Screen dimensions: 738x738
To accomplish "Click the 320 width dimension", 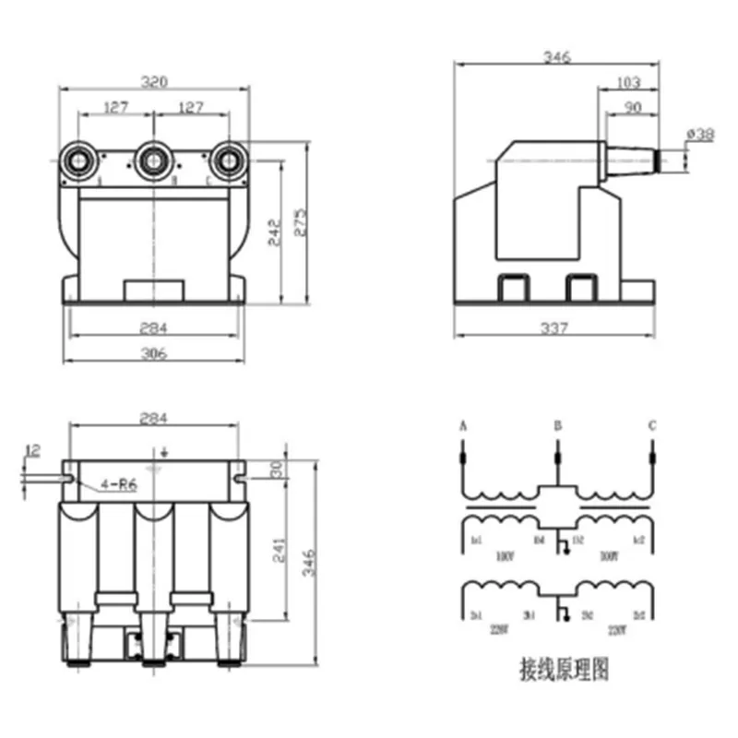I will click(x=153, y=81).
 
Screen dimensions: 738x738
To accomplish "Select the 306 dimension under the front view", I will click(x=153, y=354).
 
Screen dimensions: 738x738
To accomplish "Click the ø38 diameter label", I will click(x=700, y=135).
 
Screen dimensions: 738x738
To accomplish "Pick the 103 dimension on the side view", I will click(x=627, y=84).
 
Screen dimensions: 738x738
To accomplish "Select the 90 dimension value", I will click(x=632, y=108).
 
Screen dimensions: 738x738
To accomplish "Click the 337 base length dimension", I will click(x=555, y=327).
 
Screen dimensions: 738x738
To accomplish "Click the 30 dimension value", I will click(x=274, y=468).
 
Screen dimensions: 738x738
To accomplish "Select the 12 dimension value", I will click(x=33, y=450).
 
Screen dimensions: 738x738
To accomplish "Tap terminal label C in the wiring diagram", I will click(x=651, y=426).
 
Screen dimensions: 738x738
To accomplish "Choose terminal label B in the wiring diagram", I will click(x=556, y=426).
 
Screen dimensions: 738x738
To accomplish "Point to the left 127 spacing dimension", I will click(x=115, y=108).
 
